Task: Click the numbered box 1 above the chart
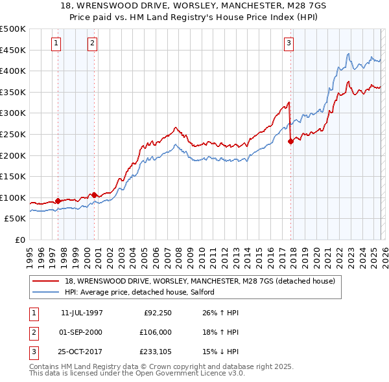[56, 43]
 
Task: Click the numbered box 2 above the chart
[93, 43]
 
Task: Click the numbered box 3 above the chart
[289, 43]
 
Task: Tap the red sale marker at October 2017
[290, 142]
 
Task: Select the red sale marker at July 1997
[58, 201]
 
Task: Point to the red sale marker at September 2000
[95, 195]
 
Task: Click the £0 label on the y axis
[20, 240]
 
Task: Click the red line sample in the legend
[46, 281]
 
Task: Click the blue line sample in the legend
[46, 292]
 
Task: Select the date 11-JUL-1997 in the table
[82, 313]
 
